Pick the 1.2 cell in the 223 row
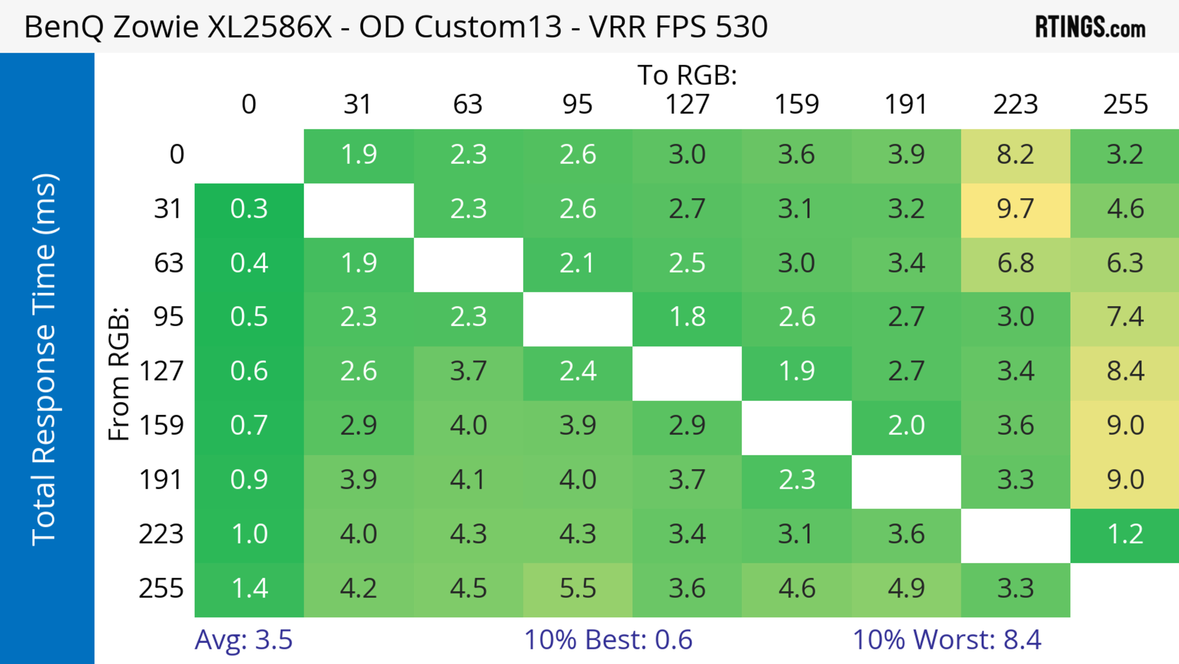(x=1125, y=534)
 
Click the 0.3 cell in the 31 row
(x=249, y=209)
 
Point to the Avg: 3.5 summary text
(x=243, y=639)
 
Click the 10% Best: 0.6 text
(x=608, y=639)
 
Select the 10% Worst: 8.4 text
(x=947, y=639)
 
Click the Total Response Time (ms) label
(x=45, y=360)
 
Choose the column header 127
(x=687, y=104)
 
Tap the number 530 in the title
(x=741, y=26)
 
